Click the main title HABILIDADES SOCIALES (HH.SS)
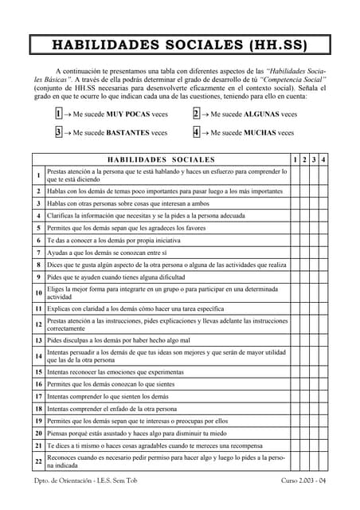[x=179, y=45]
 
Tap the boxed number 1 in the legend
[x=59, y=114]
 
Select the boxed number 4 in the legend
[x=196, y=132]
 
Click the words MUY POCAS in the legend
[x=130, y=115]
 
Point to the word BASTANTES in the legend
[x=128, y=133]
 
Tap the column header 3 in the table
[x=313, y=160]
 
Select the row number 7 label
[x=38, y=252]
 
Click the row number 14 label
[x=38, y=355]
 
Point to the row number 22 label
[x=38, y=462]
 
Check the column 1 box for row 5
[x=294, y=228]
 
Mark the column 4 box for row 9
[x=323, y=277]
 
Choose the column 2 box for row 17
[x=303, y=396]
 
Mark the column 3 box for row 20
[x=313, y=433]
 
